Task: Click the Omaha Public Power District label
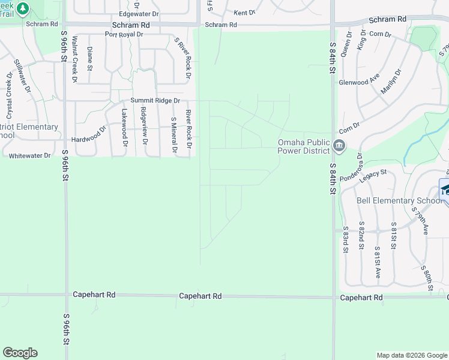pyautogui.click(x=303, y=146)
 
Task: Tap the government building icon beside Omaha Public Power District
pyautogui.click(x=339, y=145)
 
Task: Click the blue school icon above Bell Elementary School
pyautogui.click(x=445, y=189)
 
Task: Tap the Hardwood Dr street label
pyautogui.click(x=88, y=139)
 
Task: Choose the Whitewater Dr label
pyautogui.click(x=30, y=155)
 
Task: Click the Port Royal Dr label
pyautogui.click(x=124, y=34)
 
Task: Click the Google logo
pyautogui.click(x=20, y=353)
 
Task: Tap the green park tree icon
pyautogui.click(x=22, y=8)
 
